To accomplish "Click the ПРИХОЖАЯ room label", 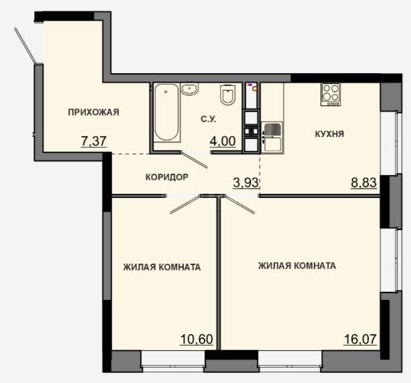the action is coord(93,112).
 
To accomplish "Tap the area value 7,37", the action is coord(94,141).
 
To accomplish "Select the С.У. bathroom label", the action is coord(209,119).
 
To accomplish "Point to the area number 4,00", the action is coord(223,141).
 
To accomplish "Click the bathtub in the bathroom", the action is coord(166,113).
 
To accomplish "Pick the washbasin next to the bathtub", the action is coord(190,89).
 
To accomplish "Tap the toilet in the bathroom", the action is coord(228,94).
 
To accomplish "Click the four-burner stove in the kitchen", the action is coord(331,95).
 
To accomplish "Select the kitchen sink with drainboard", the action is coord(272,136).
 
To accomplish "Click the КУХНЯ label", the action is coord(329,134).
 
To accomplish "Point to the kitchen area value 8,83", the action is coord(364,182).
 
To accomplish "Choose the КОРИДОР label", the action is coord(167,177).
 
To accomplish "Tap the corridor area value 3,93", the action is coord(246,182).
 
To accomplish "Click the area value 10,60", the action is coord(196,339).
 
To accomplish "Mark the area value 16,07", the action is coord(360,339).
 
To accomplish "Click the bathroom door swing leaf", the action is coord(194,160).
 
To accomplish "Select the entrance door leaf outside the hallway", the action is coord(25,46).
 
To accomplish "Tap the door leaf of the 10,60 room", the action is coord(185,205).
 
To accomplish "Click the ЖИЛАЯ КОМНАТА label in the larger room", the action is coord(297,266).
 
